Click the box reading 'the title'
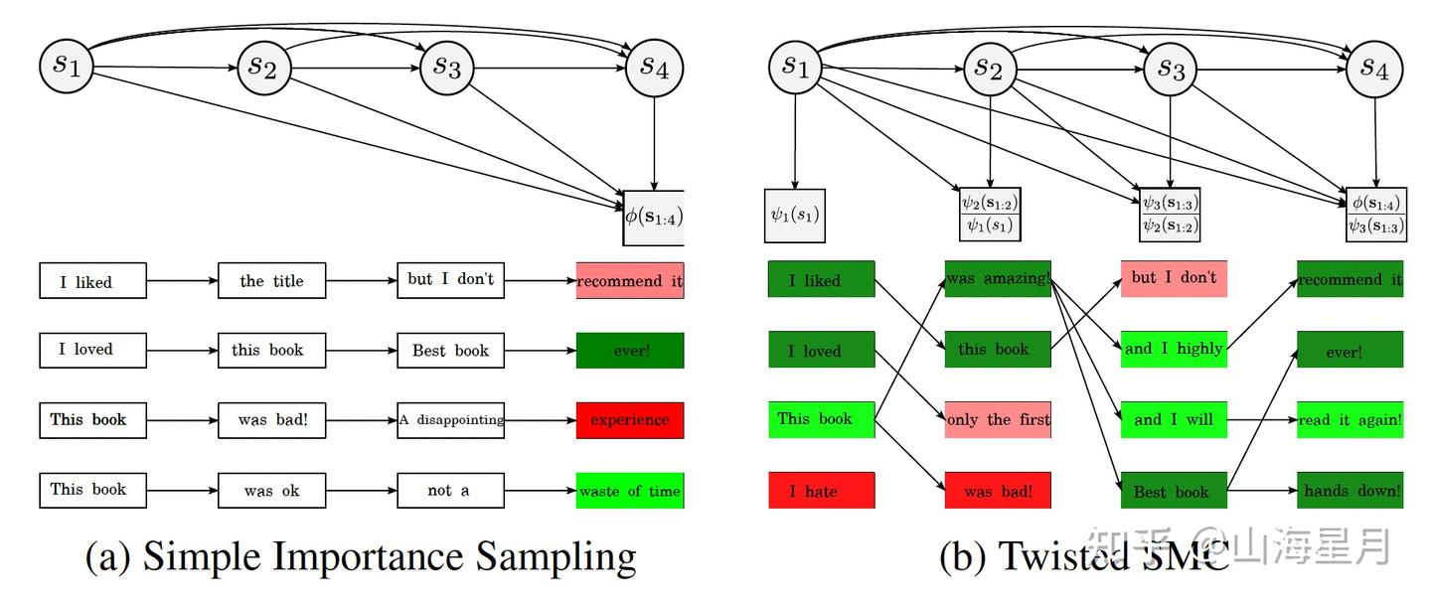pyautogui.click(x=271, y=281)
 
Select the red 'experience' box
pyautogui.click(x=630, y=420)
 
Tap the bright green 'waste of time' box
pyautogui.click(x=630, y=491)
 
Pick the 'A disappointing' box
pyautogui.click(x=450, y=420)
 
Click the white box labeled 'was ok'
pyautogui.click(x=271, y=491)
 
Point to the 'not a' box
pyautogui.click(x=450, y=491)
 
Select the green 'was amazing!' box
pyautogui.click(x=998, y=279)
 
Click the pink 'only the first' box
pyautogui.click(x=998, y=420)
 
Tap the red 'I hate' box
pyautogui.click(x=821, y=491)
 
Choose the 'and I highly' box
pyautogui.click(x=1174, y=349)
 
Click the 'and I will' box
pyautogui.click(x=1174, y=420)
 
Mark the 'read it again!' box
pyautogui.click(x=1350, y=420)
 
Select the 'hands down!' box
pyautogui.click(x=1350, y=491)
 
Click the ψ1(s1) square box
pyautogui.click(x=795, y=215)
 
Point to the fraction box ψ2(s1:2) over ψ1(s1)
pyautogui.click(x=990, y=214)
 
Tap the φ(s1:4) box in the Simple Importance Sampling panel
pyautogui.click(x=653, y=218)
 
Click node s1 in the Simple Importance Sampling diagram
pyautogui.click(x=66, y=67)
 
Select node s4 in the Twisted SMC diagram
pyautogui.click(x=1374, y=68)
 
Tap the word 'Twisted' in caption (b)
pyautogui.click(x=1062, y=557)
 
